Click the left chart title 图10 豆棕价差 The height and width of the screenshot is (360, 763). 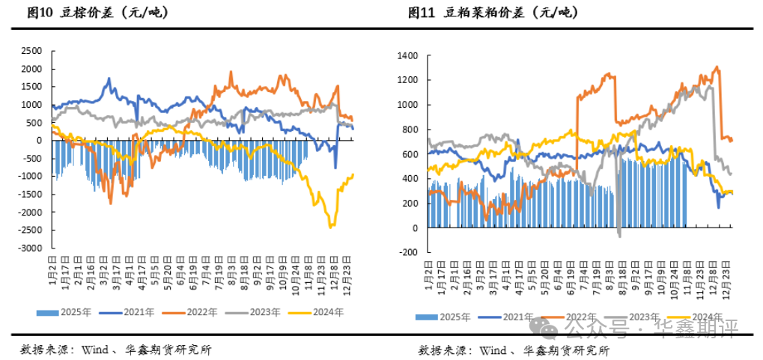coord(97,12)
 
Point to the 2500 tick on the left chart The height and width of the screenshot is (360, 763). coord(31,51)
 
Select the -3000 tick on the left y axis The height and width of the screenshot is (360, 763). coord(29,248)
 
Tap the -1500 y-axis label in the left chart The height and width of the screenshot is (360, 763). coord(29,194)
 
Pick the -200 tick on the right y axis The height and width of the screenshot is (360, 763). coord(407,252)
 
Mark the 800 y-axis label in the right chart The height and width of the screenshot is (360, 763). coord(409,129)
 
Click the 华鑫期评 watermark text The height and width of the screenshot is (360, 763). coord(696,327)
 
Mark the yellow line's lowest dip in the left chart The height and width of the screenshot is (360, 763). coord(330,227)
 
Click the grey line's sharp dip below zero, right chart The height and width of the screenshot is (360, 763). coord(619,236)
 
